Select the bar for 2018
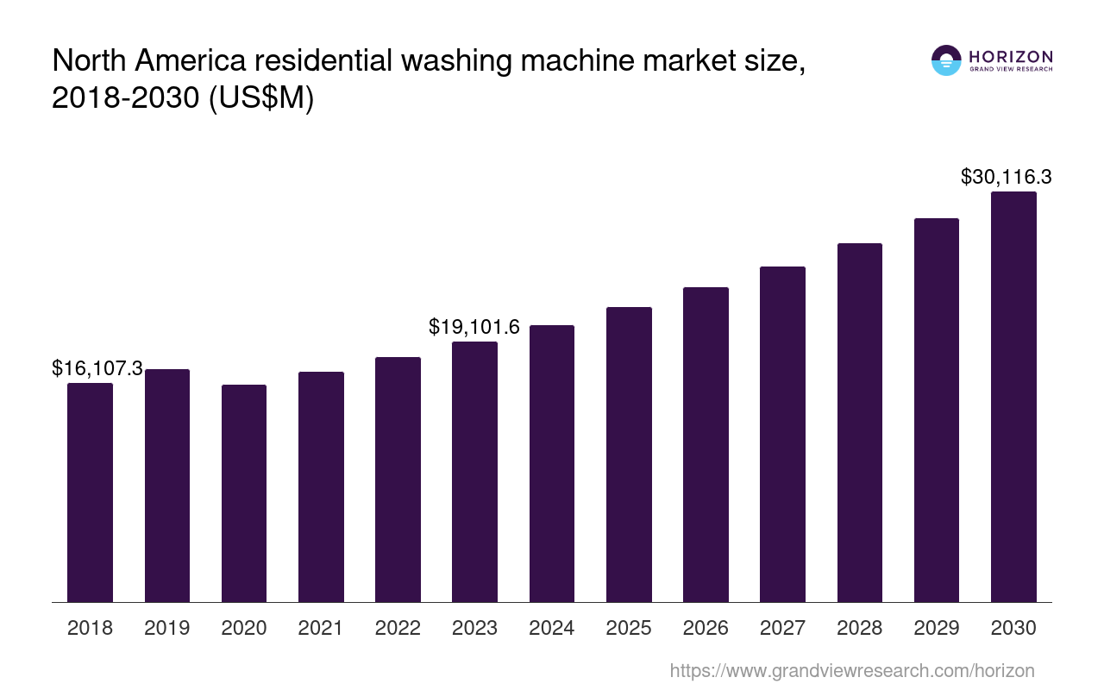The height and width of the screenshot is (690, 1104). [90, 492]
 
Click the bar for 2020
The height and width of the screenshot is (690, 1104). [244, 493]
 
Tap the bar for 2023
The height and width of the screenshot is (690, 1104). [474, 472]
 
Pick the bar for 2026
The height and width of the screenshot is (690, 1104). [706, 444]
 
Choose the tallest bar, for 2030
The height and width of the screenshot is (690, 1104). [1013, 397]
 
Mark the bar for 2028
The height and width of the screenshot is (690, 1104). [860, 423]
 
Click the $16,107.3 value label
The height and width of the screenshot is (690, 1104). [97, 369]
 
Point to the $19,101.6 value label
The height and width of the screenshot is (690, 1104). [474, 327]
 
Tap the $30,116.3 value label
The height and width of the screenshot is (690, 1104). [1006, 178]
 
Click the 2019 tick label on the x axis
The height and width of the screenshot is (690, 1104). [167, 628]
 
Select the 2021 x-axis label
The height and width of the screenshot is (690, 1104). [321, 628]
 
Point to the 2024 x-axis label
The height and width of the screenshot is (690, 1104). [552, 628]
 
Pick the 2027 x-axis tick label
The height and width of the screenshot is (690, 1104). [782, 628]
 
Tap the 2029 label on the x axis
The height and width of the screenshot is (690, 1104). [937, 628]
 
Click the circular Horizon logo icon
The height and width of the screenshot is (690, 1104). [946, 60]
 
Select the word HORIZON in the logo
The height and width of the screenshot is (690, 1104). [1011, 56]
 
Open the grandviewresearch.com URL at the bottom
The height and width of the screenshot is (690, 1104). [852, 670]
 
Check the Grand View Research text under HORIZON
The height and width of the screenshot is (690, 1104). [1011, 70]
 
